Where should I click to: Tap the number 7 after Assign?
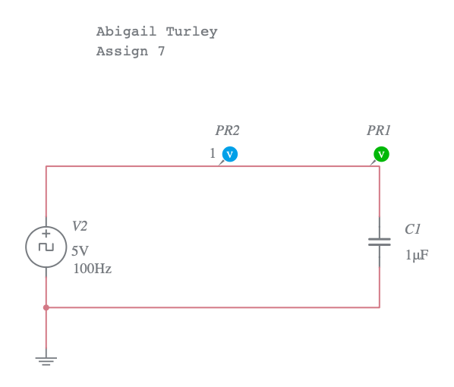161,52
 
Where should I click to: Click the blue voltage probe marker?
230,154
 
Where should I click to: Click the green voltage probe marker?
381,154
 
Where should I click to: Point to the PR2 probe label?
227,131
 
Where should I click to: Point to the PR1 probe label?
379,131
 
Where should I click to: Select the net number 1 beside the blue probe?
213,154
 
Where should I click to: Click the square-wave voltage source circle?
46,247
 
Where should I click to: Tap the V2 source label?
80,226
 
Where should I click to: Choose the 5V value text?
80,251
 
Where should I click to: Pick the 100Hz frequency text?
92,269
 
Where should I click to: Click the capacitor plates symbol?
380,242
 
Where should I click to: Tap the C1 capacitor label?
412,229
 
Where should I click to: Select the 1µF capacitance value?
416,256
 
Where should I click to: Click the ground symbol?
46,360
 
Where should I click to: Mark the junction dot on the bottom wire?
46,307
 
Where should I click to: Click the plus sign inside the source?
46,234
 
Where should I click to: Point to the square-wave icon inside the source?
46,247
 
